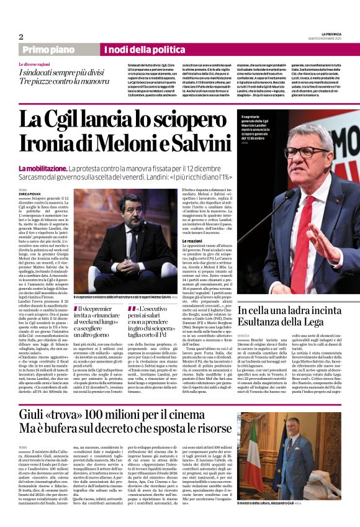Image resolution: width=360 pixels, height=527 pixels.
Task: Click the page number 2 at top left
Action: [21, 37]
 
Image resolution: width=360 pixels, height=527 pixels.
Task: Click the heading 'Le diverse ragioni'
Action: [37, 64]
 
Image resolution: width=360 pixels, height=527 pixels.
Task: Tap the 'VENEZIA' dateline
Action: [243, 335]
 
